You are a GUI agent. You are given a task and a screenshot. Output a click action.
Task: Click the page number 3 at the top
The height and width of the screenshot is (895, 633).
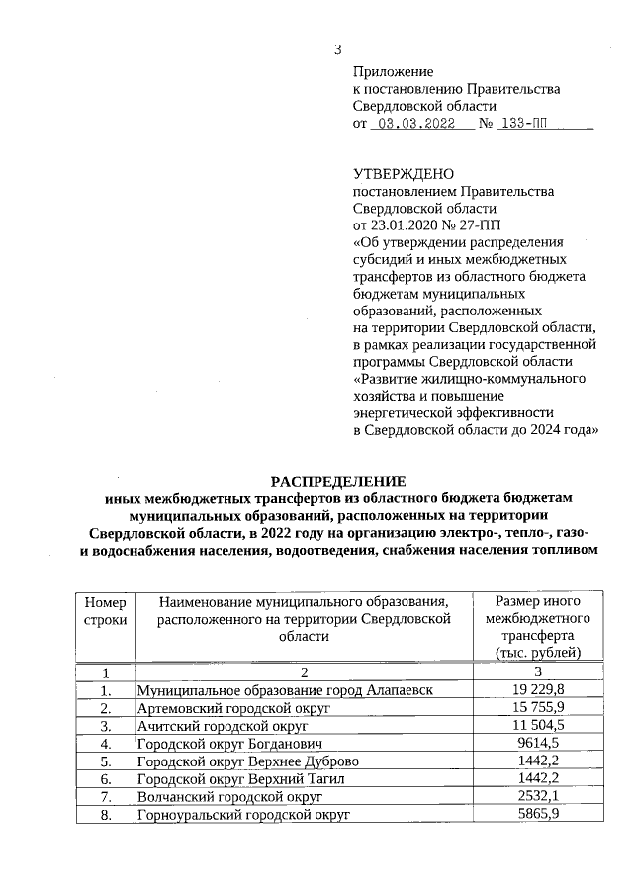point(338,50)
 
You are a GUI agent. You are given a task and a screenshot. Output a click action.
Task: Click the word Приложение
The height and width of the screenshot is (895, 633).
point(394,72)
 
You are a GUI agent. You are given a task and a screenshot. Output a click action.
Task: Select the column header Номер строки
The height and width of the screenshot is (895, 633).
point(106,610)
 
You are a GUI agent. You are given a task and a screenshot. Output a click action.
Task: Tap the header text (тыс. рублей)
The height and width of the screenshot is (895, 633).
point(538,653)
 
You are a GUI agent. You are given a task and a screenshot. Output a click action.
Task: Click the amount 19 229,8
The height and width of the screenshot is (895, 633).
point(538,689)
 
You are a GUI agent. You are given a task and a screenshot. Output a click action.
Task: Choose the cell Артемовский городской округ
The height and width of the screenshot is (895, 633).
point(233,707)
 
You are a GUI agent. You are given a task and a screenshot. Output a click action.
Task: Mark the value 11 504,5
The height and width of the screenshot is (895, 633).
point(538,725)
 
